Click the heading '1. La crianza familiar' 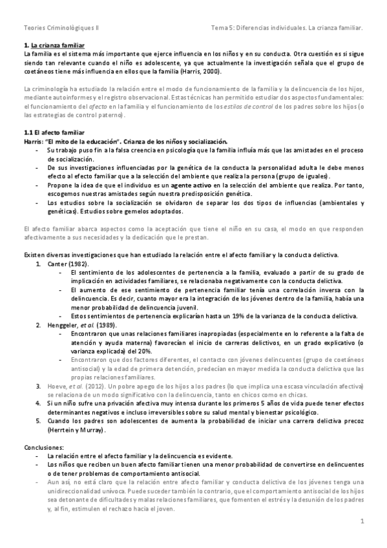click(54, 46)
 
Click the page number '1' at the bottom click(362, 521)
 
